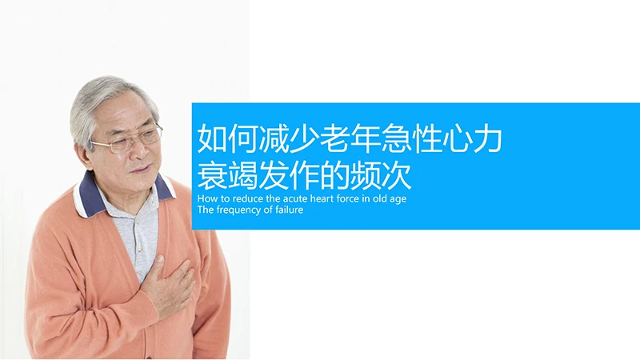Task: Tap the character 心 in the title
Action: pos(456,139)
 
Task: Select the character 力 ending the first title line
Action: pos(486,139)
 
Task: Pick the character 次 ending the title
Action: pos(395,174)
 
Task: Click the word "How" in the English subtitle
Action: pos(206,198)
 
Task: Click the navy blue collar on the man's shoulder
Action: pos(90,196)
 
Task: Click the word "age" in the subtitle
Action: pos(398,198)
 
